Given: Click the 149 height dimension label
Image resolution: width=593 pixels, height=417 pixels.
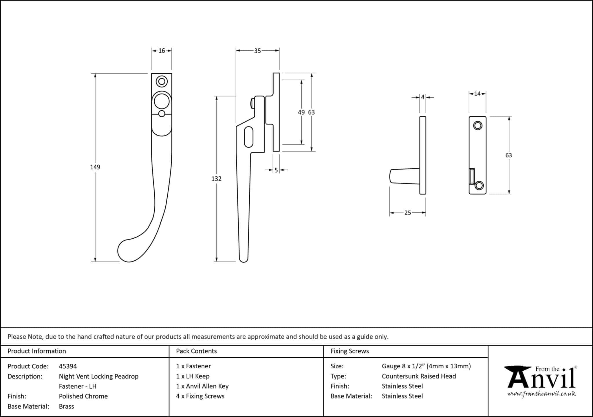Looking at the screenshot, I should tap(95, 167).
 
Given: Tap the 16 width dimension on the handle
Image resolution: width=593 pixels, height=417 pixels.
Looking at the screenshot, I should tap(162, 51).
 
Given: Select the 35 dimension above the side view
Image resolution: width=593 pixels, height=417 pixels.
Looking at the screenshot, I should tap(257, 51).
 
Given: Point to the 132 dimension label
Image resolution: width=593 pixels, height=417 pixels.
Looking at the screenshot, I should tap(216, 179).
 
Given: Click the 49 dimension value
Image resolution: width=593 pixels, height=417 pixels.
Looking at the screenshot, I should tap(301, 112).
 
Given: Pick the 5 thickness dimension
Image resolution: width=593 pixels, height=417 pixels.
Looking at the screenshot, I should tap(276, 170).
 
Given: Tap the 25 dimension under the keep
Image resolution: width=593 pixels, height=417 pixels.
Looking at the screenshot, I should tap(408, 213).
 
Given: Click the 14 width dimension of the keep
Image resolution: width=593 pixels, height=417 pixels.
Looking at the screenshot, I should tap(477, 94).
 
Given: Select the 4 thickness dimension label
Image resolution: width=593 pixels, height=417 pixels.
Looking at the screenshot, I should tap(423, 97).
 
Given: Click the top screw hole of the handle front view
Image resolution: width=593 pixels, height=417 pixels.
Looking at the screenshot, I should tap(162, 81).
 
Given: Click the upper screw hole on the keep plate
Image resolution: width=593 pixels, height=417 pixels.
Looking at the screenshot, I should tap(477, 126).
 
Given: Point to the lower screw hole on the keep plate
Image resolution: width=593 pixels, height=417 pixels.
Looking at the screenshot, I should tap(479, 185).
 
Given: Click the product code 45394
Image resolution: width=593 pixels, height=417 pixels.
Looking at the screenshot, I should tap(68, 366).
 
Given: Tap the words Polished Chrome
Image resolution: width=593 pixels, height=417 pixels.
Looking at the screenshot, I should tap(83, 396).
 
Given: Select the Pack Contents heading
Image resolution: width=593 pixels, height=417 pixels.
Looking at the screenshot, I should tap(196, 351).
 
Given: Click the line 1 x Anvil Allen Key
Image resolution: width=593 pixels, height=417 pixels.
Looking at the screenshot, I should tap(202, 386).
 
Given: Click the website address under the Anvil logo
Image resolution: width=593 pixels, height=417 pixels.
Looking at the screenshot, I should tap(541, 394).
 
